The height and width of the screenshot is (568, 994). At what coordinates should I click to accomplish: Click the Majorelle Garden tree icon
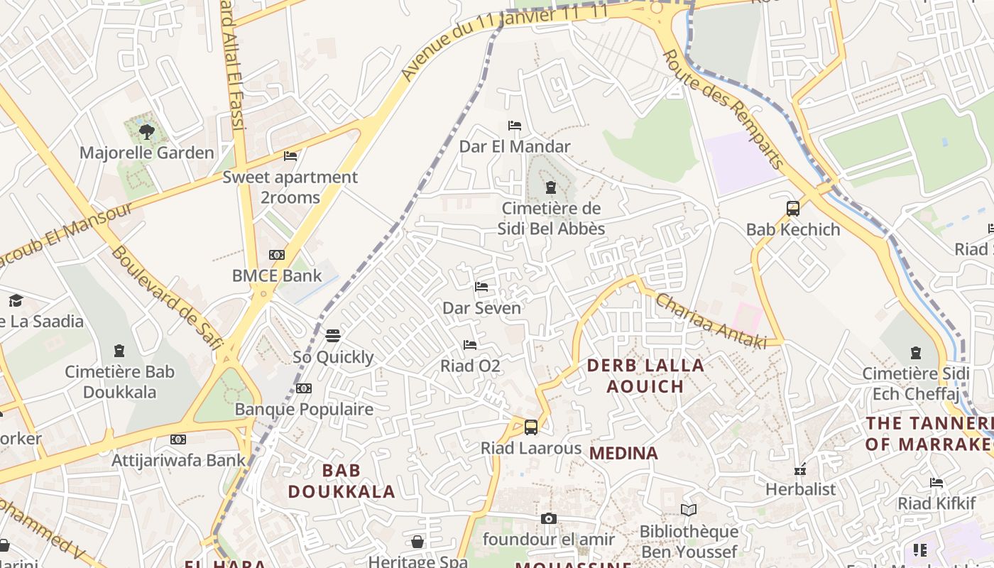click(x=147, y=131)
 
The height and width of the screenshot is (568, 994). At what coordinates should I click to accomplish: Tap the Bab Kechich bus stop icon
click(x=793, y=209)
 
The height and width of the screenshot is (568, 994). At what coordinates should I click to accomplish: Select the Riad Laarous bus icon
click(x=531, y=427)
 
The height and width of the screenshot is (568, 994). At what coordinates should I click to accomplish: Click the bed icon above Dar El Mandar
click(x=515, y=126)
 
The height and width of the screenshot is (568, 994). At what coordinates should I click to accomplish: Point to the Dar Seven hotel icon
click(x=481, y=287)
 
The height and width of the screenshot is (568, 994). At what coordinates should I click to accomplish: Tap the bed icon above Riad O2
click(x=470, y=345)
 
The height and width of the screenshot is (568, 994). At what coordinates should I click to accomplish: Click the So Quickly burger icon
click(x=333, y=336)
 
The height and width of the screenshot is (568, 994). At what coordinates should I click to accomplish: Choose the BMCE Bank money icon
click(x=277, y=254)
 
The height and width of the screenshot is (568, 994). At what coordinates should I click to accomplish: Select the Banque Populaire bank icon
click(x=304, y=388)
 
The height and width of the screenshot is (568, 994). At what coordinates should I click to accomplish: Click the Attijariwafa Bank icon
click(x=178, y=439)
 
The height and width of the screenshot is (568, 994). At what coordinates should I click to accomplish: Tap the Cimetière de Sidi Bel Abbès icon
click(x=550, y=187)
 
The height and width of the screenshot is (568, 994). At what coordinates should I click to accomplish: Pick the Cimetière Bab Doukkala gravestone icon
click(x=119, y=351)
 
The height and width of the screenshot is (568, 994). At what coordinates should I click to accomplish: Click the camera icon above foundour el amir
click(x=548, y=519)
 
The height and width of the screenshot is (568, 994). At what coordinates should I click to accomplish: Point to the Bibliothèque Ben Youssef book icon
click(x=688, y=510)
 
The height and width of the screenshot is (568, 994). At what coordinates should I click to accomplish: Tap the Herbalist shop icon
click(x=800, y=469)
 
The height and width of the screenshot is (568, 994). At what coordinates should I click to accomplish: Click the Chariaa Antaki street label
click(x=710, y=321)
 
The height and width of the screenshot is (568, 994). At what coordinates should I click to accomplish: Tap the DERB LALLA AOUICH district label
click(x=645, y=376)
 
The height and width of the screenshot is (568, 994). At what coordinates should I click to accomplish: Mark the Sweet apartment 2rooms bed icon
click(x=290, y=155)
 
